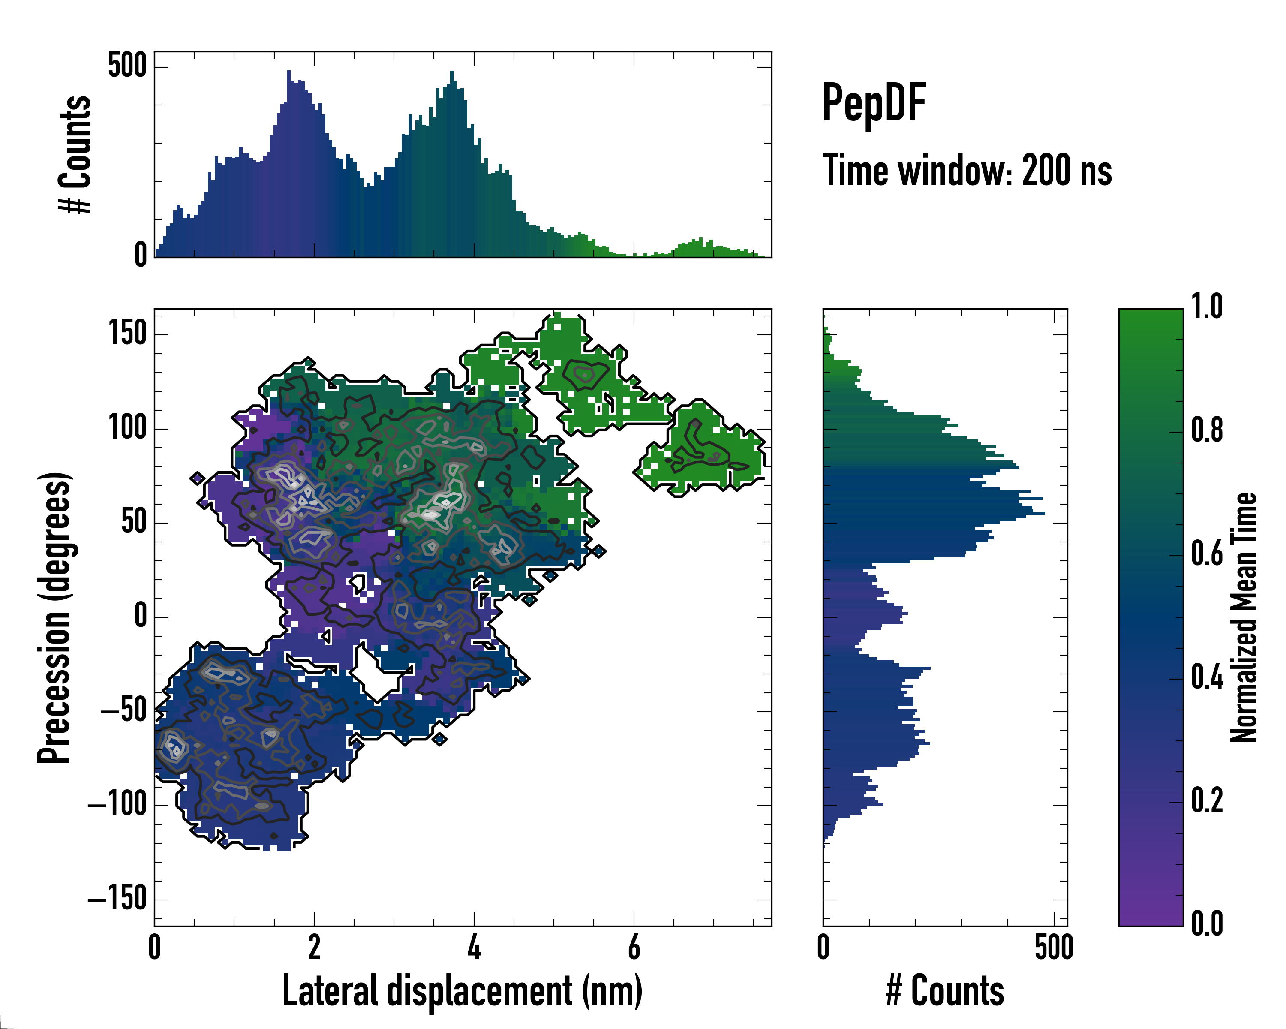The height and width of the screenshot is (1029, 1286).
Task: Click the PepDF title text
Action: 874,103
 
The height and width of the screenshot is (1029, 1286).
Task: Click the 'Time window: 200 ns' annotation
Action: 967,171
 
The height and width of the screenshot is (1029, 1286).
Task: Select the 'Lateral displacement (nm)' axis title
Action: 462,991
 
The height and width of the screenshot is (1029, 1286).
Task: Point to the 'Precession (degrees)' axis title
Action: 55,617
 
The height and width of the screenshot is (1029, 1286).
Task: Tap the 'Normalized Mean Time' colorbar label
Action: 1244,617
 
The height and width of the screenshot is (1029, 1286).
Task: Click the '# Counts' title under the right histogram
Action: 945,991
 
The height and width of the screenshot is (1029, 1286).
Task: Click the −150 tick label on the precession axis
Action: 117,898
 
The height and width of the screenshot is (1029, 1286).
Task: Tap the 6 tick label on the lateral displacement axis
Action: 634,947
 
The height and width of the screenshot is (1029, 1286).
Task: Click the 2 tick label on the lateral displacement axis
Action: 314,947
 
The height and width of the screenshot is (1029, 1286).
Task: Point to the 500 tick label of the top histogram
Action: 127,66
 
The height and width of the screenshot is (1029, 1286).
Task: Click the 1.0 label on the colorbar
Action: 1207,307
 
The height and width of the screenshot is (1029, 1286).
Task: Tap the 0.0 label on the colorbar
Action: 1207,924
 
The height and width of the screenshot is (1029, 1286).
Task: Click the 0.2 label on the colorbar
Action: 1207,800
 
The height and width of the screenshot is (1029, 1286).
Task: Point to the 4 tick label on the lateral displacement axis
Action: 474,947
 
